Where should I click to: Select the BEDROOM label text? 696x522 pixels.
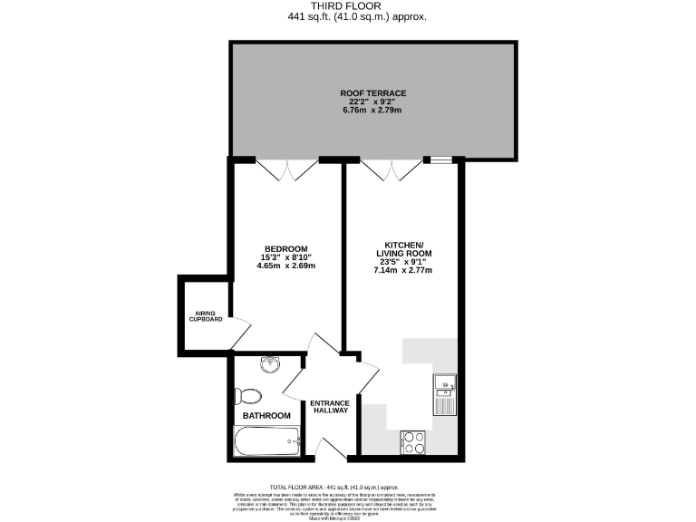click(x=285, y=249)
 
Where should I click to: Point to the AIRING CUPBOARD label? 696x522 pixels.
click(x=206, y=315)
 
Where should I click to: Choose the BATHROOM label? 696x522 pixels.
click(x=266, y=416)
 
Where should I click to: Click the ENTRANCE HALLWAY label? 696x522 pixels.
click(x=330, y=409)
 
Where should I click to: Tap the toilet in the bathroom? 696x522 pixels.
click(x=247, y=396)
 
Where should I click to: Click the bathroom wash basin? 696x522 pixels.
click(x=270, y=365)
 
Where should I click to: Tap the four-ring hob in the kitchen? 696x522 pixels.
click(x=414, y=441)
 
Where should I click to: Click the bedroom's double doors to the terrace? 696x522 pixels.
click(x=286, y=169)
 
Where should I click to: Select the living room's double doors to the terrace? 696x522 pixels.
click(x=391, y=169)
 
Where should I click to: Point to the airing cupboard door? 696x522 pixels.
click(x=237, y=330)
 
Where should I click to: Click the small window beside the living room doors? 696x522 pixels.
click(x=440, y=160)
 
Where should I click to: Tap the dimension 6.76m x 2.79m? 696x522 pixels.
click(x=372, y=111)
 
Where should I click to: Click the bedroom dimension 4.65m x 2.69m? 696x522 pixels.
click(x=285, y=267)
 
